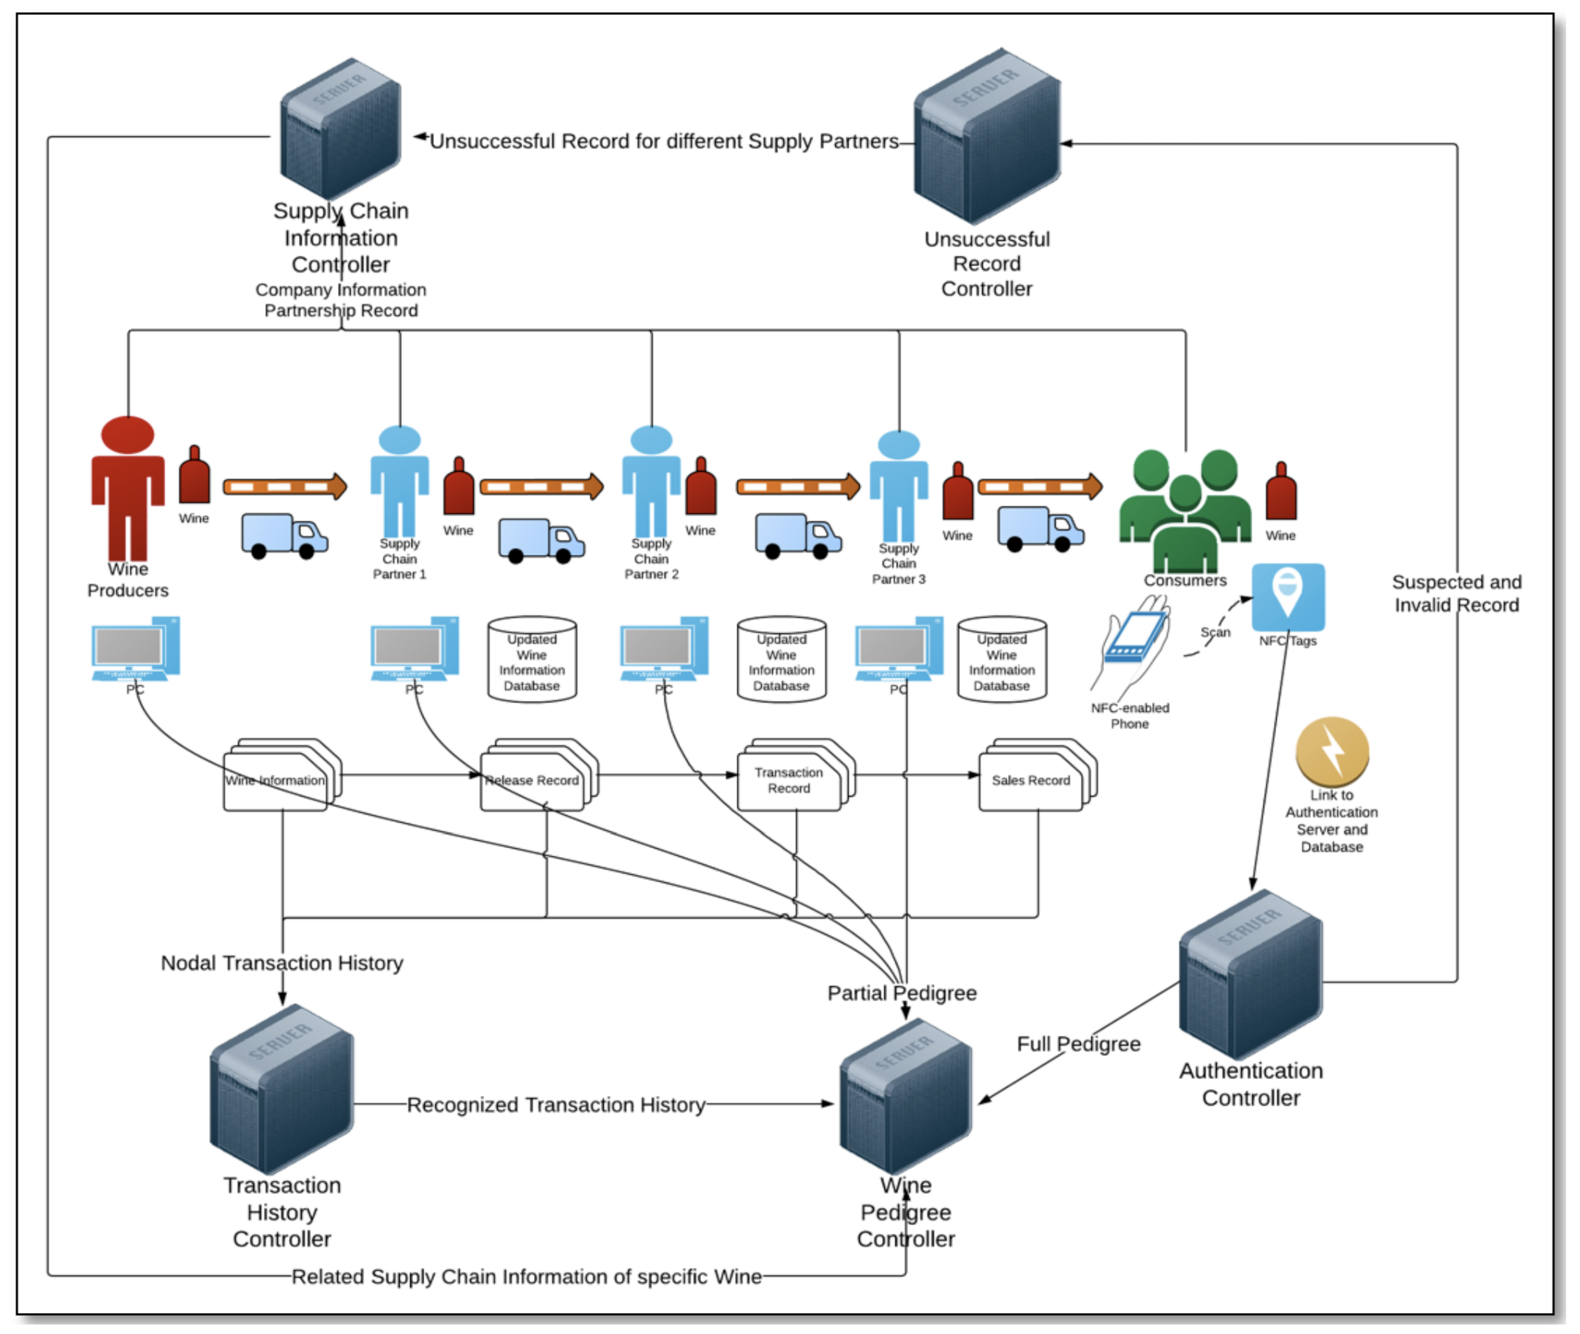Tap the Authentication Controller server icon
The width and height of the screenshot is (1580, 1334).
coord(1250,975)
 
